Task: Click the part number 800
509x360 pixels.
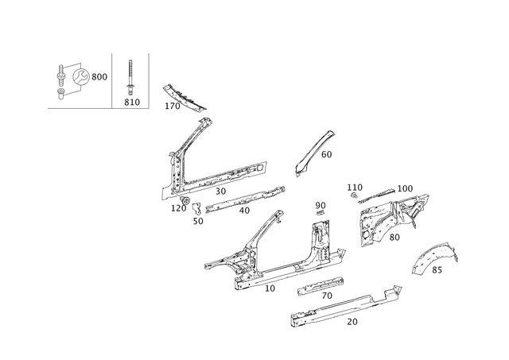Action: click(x=99, y=77)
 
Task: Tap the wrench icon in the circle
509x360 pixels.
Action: click(x=80, y=77)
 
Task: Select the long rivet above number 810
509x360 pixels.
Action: click(x=130, y=77)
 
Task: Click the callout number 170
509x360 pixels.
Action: click(x=173, y=106)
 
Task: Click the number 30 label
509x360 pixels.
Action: click(x=221, y=192)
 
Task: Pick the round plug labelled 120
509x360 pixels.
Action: click(x=185, y=199)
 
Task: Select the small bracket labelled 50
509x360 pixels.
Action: click(x=197, y=208)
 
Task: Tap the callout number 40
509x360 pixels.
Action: click(x=244, y=211)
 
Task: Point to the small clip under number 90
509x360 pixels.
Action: click(x=321, y=212)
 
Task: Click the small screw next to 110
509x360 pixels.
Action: click(x=355, y=195)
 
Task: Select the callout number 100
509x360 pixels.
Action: click(x=405, y=188)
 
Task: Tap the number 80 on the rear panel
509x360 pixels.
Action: click(x=394, y=238)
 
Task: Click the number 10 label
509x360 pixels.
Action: click(x=270, y=288)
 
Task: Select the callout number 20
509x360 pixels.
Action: click(x=352, y=322)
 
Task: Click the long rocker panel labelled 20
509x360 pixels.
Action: click(x=344, y=307)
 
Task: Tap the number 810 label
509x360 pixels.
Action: click(x=132, y=103)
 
